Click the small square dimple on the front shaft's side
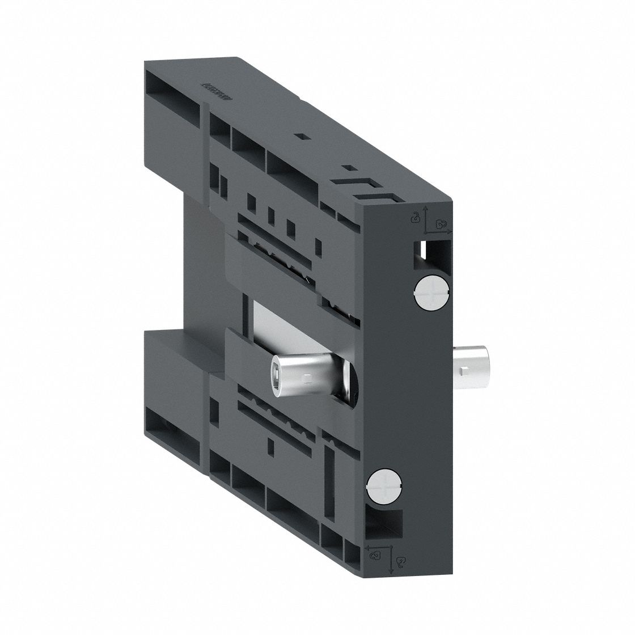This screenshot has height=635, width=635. pos(307,376)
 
